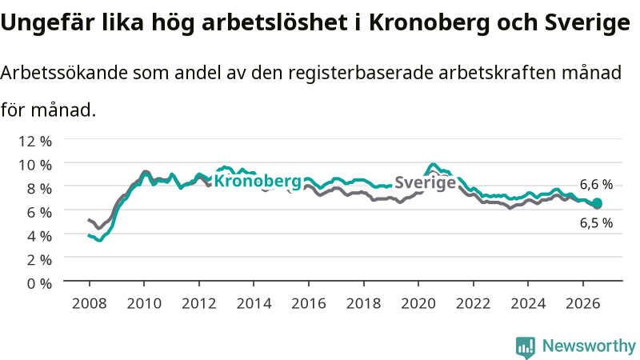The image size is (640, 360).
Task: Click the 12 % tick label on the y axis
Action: pyautogui.click(x=35, y=142)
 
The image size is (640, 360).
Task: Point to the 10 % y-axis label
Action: pyautogui.click(x=35, y=165)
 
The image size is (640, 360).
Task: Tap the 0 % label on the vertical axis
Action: pyautogui.click(x=39, y=283)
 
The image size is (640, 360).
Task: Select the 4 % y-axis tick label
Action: pyautogui.click(x=39, y=236)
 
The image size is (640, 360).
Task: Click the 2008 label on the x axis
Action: pyautogui.click(x=89, y=303)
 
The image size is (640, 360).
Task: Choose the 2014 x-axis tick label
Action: pyautogui.click(x=254, y=303)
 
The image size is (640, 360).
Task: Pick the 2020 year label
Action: pyautogui.click(x=418, y=303)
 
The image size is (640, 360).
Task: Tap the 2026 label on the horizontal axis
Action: pyautogui.click(x=583, y=303)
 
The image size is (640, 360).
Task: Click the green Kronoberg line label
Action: pyautogui.click(x=258, y=181)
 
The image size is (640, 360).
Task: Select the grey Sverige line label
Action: pyautogui.click(x=426, y=182)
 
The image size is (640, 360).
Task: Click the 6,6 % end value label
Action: pyautogui.click(x=596, y=185)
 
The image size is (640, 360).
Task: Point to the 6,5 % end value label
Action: pyautogui.click(x=596, y=223)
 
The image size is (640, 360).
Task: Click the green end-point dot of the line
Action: pyautogui.click(x=597, y=203)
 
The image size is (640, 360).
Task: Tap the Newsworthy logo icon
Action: pyautogui.click(x=526, y=347)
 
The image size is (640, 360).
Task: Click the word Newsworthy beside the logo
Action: pyautogui.click(x=589, y=346)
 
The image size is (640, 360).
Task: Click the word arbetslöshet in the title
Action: pyautogui.click(x=274, y=22)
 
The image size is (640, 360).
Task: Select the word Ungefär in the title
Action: pyautogui.click(x=48, y=23)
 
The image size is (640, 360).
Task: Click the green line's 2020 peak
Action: pyautogui.click(x=434, y=165)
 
